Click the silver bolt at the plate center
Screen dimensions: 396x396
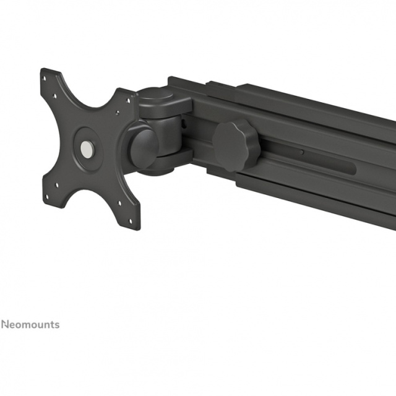coord(87,147)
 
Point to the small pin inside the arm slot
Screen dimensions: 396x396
coord(302,152)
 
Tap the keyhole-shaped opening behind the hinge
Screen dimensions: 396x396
coord(184,123)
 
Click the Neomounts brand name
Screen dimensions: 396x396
coord(30,324)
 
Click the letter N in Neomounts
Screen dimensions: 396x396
coord(5,324)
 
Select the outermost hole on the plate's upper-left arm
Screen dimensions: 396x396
coord(45,79)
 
